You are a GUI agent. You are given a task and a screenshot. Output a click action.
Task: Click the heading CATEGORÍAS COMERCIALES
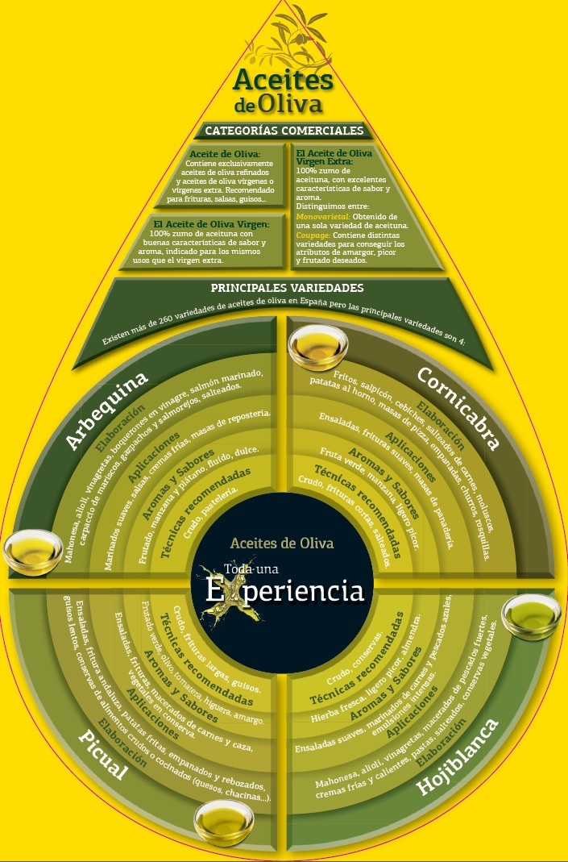[284, 130]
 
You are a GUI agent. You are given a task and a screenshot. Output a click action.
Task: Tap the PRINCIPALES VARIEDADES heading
[286, 287]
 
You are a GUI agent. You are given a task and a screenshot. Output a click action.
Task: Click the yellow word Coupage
[312, 235]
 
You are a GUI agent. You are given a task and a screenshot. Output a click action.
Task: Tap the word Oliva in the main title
[290, 105]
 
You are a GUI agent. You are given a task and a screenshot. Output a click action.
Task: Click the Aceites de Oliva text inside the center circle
[281, 543]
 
